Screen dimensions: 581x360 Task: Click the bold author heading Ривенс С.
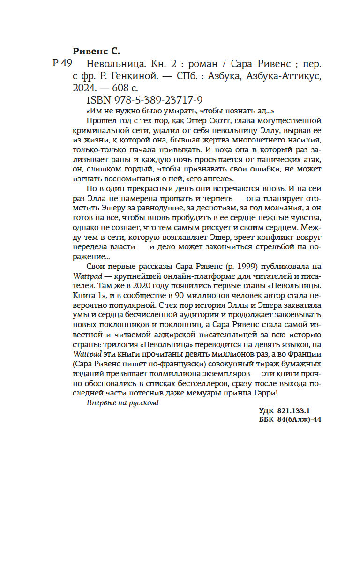(97, 51)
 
